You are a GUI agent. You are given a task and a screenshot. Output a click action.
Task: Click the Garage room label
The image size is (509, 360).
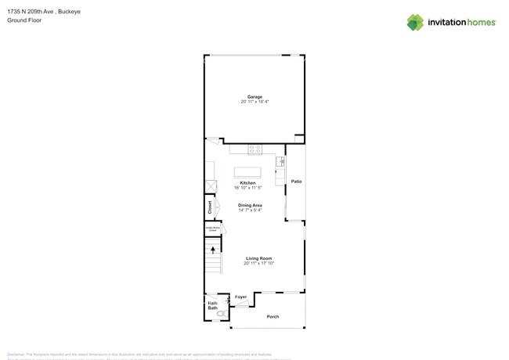pos(254,97)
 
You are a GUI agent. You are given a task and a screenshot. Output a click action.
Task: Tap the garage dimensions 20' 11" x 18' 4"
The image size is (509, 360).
pos(254,102)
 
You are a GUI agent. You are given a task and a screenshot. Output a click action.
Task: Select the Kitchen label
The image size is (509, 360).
pos(247,183)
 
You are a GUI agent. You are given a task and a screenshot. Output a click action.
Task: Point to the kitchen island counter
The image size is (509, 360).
pos(247,172)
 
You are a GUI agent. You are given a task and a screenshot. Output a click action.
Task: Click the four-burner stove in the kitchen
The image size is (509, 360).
pos(254,149)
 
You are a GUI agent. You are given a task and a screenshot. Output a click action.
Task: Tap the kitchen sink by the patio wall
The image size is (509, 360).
pos(280,161)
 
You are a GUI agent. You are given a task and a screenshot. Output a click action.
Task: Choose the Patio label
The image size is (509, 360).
pos(296,182)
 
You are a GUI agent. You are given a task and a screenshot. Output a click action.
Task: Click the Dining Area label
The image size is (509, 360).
pos(250,205)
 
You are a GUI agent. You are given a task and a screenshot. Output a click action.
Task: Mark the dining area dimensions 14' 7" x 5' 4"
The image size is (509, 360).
pos(250,210)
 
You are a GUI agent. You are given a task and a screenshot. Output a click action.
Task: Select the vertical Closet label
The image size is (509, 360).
pos(210,207)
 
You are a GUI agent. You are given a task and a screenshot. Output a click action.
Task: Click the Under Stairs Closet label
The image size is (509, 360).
pos(211,229)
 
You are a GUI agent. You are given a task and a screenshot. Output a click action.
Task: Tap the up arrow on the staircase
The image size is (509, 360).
pos(212,250)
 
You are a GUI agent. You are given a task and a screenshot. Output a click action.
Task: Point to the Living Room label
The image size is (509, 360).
pos(258,258)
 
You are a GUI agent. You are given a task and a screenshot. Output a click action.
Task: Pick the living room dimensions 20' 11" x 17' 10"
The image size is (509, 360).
pos(258,263)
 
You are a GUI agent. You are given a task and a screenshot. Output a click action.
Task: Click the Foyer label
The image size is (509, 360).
pos(241,297)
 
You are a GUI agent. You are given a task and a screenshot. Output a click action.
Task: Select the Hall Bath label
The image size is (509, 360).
pos(212,305)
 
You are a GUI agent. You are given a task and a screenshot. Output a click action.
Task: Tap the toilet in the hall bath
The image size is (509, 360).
pos(222,314)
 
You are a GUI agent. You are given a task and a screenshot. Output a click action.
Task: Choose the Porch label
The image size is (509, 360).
pos(273,316)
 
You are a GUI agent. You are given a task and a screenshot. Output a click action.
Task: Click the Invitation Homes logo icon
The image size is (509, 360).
pos(415,22)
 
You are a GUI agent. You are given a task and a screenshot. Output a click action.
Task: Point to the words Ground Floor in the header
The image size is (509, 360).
pos(24,20)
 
